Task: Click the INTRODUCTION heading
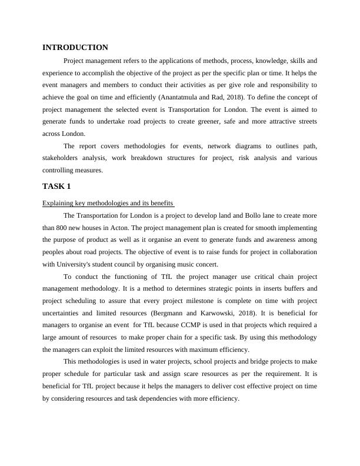click(x=75, y=48)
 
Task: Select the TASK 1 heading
click(x=56, y=187)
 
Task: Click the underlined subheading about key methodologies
click(x=108, y=204)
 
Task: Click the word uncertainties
click(x=66, y=313)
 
